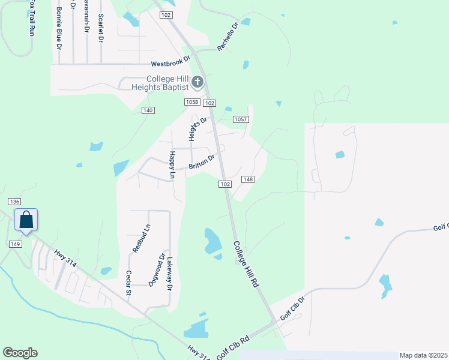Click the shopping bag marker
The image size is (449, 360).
point(26,220)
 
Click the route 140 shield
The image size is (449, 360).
point(148,110)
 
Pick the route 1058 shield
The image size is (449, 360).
point(191,102)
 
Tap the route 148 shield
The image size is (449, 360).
point(249,179)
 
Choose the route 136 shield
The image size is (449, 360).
point(15,202)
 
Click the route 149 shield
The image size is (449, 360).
point(16,244)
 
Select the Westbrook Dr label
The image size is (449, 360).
point(170,62)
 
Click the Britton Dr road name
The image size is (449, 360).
point(202,163)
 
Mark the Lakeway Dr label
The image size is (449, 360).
point(170,275)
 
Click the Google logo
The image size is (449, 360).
point(20,353)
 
